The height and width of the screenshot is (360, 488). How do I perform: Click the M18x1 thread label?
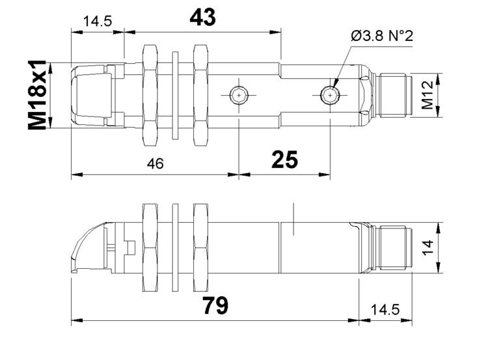point(37,95)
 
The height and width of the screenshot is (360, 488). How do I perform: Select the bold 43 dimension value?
point(202,17)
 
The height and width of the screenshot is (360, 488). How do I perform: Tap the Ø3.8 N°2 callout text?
point(382,36)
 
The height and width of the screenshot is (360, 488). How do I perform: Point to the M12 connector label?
point(427,95)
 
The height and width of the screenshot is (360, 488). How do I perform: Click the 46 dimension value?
point(156,163)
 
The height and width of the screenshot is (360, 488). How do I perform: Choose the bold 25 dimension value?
point(284,159)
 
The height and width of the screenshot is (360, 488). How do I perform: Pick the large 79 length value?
point(215,305)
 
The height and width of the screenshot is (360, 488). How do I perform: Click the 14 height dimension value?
point(428,247)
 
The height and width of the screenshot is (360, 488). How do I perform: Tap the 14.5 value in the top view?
point(98,21)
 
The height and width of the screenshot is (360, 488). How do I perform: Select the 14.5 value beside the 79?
point(385,310)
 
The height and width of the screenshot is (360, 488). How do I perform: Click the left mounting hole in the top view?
point(239,95)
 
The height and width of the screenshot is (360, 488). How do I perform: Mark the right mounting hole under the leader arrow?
point(330,95)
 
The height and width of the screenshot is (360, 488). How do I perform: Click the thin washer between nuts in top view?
point(175,95)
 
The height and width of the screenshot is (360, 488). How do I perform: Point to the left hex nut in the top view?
point(150,95)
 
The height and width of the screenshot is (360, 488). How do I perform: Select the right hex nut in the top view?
point(201,95)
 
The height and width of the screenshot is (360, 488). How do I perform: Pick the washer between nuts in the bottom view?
point(175,247)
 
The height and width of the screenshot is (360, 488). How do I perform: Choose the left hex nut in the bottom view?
point(150,247)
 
